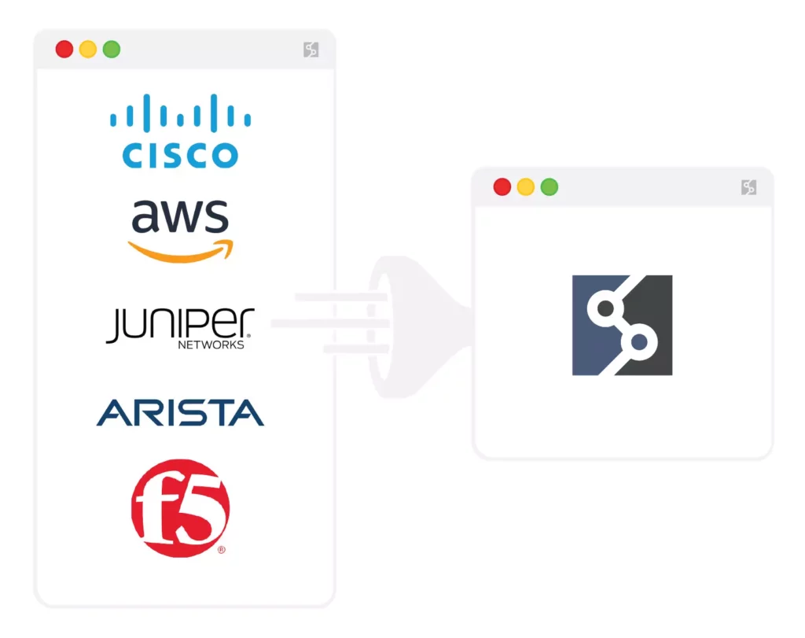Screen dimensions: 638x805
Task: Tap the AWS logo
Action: tap(180, 228)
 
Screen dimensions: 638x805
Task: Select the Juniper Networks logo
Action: tap(180, 327)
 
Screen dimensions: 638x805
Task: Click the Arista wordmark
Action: tap(180, 412)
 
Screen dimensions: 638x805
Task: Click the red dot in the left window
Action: tap(64, 50)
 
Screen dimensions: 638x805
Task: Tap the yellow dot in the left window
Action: tap(88, 50)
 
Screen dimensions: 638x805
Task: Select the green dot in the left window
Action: tap(112, 50)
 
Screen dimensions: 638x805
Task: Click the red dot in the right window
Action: tap(502, 187)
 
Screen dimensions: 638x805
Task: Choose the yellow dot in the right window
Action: tap(525, 187)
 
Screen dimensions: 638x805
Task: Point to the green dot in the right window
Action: tap(550, 187)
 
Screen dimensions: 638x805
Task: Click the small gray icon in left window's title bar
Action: tap(311, 50)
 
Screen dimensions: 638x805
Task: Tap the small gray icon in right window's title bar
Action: tap(748, 187)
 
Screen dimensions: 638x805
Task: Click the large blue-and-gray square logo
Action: tap(622, 325)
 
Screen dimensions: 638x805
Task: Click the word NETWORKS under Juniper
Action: tap(211, 345)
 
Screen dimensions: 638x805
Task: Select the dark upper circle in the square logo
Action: tap(605, 308)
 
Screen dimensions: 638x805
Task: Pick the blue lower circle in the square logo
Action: tap(639, 342)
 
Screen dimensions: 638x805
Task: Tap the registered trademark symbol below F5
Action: tap(222, 550)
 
